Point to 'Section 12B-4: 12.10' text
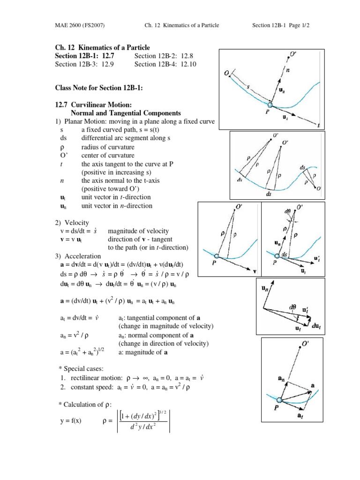(165, 64)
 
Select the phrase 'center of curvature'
(108, 155)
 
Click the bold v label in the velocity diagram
(255, 271)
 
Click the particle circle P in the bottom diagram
(280, 399)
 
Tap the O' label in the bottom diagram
(305, 344)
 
